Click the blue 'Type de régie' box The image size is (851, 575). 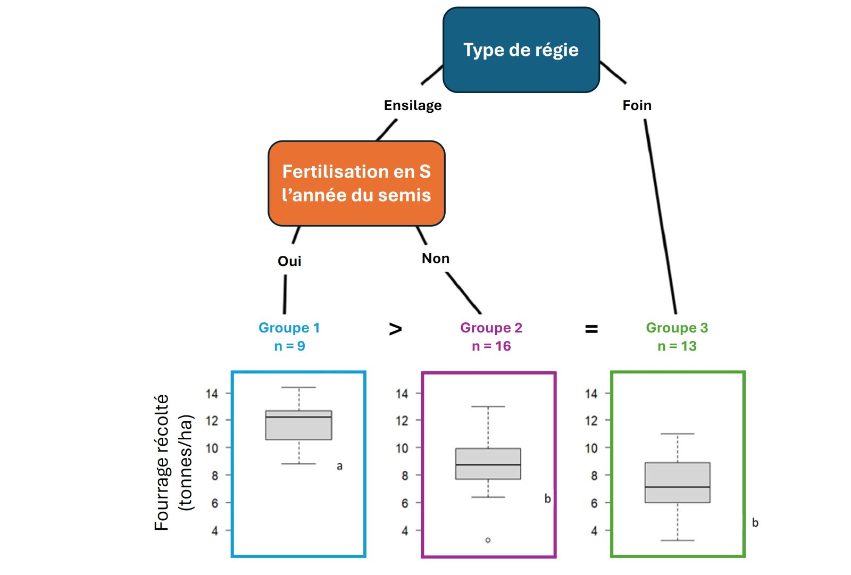point(521,50)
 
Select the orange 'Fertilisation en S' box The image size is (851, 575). point(356,183)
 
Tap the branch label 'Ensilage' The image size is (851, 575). point(413,105)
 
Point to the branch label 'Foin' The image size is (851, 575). point(637,105)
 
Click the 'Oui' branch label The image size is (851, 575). point(289,261)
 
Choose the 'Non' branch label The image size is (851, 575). point(436,259)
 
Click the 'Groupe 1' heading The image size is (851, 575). point(289,328)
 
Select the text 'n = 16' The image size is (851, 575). point(491,346)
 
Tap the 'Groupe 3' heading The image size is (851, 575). point(677,328)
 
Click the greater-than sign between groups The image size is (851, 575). point(395,329)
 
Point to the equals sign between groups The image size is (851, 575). point(591,330)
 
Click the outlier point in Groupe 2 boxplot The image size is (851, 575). point(488,540)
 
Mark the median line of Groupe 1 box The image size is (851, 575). point(298,417)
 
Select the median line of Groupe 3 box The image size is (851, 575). point(677,487)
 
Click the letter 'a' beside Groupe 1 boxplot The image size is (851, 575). point(339,466)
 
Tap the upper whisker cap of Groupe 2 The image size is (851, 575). point(488,406)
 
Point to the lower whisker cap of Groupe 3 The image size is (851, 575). point(677,540)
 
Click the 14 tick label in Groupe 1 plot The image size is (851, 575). point(212,394)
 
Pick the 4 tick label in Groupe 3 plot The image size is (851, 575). point(594,531)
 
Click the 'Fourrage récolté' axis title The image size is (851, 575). point(162,462)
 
